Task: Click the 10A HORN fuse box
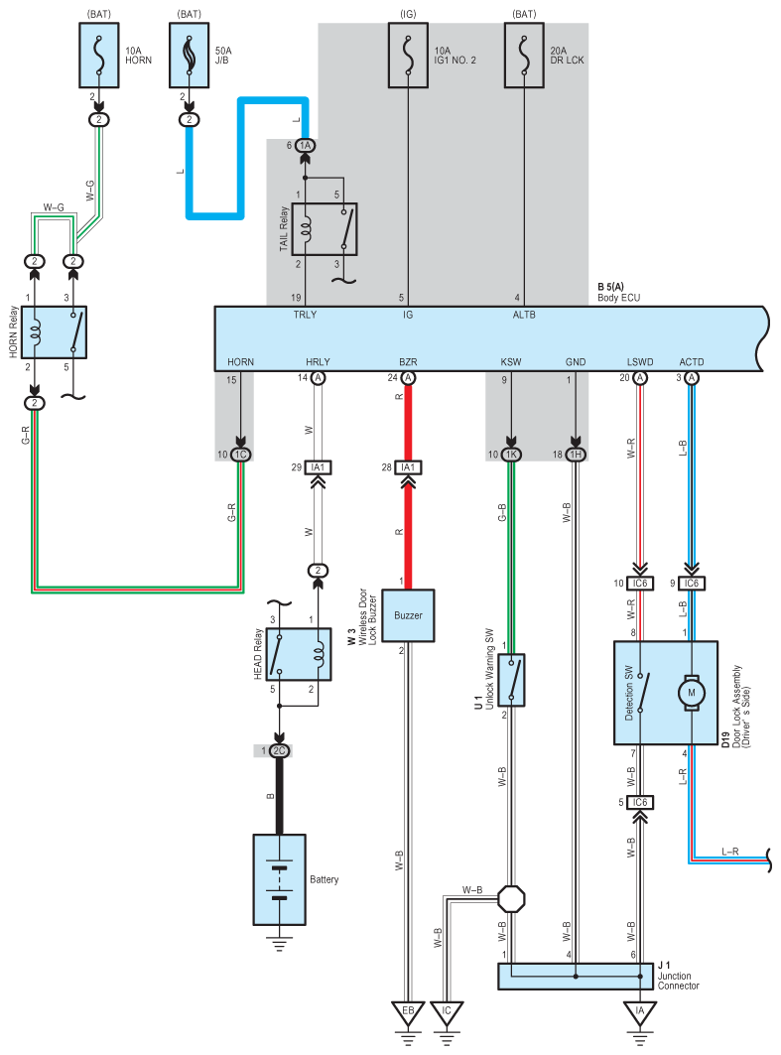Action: pyautogui.click(x=99, y=56)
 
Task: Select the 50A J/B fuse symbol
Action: pyautogui.click(x=189, y=56)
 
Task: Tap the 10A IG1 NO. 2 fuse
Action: pyautogui.click(x=408, y=56)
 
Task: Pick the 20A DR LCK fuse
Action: pyautogui.click(x=524, y=56)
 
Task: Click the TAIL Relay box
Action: pyautogui.click(x=325, y=228)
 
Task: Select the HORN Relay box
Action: pyautogui.click(x=54, y=332)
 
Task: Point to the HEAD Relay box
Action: pyautogui.click(x=299, y=654)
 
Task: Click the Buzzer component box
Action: pyautogui.click(x=408, y=615)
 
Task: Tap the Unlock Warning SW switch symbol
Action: pyautogui.click(x=511, y=680)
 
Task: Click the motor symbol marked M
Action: pyautogui.click(x=691, y=693)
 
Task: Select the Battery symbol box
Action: pyautogui.click(x=279, y=879)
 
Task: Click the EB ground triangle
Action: pyautogui.click(x=408, y=1013)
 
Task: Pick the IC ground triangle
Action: pyautogui.click(x=447, y=1013)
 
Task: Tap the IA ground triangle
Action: pyautogui.click(x=639, y=1013)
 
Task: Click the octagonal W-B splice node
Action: pyautogui.click(x=511, y=898)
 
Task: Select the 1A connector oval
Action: pyautogui.click(x=306, y=145)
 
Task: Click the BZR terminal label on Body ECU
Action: pyautogui.click(x=408, y=362)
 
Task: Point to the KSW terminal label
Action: pyautogui.click(x=510, y=362)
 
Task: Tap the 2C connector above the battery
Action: pyautogui.click(x=279, y=751)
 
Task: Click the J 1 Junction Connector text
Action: pyautogui.click(x=678, y=976)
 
